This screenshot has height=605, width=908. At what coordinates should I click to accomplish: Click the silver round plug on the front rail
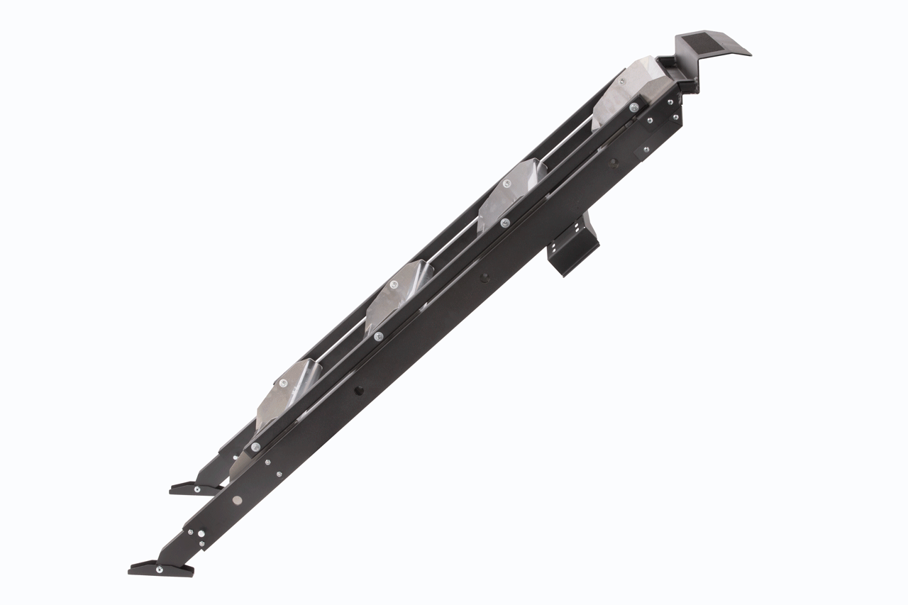click(237, 499)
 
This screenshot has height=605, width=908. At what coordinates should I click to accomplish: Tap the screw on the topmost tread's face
click(622, 82)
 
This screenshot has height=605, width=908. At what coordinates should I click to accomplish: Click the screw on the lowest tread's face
click(284, 384)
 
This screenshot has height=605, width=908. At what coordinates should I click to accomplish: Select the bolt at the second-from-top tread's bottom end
click(504, 223)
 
